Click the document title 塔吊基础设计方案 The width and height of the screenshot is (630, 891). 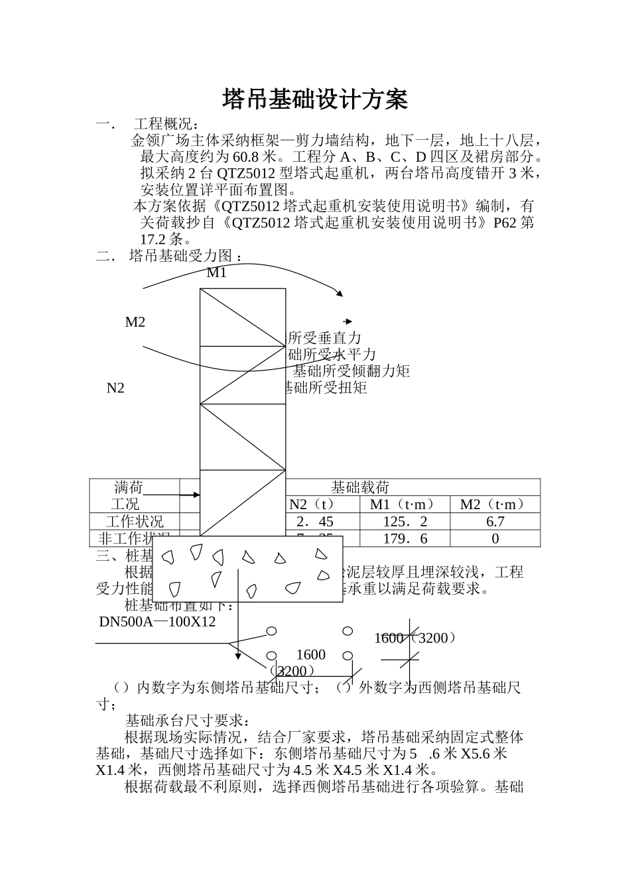tap(314, 99)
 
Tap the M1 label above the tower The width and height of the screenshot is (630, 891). tap(217, 272)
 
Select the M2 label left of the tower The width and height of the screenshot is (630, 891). tap(135, 322)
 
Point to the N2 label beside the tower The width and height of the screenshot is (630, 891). tap(115, 388)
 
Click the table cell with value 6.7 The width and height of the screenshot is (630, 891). tap(495, 522)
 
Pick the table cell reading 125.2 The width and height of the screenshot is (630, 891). tap(405, 522)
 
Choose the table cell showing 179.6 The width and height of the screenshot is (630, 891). tap(405, 538)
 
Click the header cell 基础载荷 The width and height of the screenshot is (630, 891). tap(360, 488)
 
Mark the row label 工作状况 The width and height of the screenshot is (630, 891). tap(135, 522)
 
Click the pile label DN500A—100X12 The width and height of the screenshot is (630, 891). tap(157, 621)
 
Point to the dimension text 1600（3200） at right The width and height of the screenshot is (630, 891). tap(415, 638)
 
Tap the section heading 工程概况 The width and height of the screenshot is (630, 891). tap(166, 124)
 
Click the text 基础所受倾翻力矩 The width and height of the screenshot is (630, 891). tap(351, 371)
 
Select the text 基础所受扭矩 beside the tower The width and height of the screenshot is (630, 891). tap(325, 388)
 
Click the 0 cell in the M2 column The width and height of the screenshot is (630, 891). tap(495, 538)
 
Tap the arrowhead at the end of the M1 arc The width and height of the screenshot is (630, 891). tap(340, 294)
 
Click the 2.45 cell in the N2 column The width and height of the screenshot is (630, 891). tap(316, 522)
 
